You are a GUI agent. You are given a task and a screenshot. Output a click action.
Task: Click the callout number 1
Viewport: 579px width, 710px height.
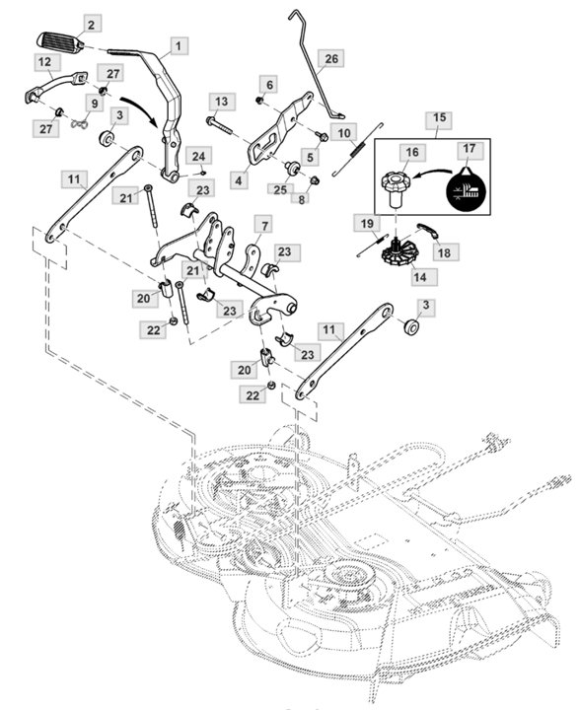pyautogui.click(x=178, y=45)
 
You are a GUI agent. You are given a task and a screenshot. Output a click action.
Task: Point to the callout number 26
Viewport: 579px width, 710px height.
pyautogui.click(x=331, y=59)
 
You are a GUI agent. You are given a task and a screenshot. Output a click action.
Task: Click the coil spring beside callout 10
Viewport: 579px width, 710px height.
pyautogui.click(x=358, y=151)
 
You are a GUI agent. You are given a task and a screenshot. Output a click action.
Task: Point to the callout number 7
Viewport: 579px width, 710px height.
pyautogui.click(x=264, y=226)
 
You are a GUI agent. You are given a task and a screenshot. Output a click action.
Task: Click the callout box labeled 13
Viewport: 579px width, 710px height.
pyautogui.click(x=221, y=102)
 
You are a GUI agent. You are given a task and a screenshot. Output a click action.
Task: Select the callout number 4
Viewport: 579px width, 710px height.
pyautogui.click(x=238, y=180)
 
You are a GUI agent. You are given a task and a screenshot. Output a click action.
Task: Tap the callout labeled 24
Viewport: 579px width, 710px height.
pyautogui.click(x=199, y=157)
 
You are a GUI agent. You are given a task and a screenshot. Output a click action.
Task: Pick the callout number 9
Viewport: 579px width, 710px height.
pyautogui.click(x=96, y=104)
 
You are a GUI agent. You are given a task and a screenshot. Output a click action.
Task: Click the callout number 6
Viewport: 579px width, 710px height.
pyautogui.click(x=269, y=84)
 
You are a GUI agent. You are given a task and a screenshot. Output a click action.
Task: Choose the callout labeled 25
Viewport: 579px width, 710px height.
pyautogui.click(x=281, y=187)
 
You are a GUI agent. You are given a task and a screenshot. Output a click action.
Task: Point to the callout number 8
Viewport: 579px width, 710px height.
pyautogui.click(x=303, y=198)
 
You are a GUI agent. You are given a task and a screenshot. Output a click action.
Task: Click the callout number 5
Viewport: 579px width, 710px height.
pyautogui.click(x=310, y=156)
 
